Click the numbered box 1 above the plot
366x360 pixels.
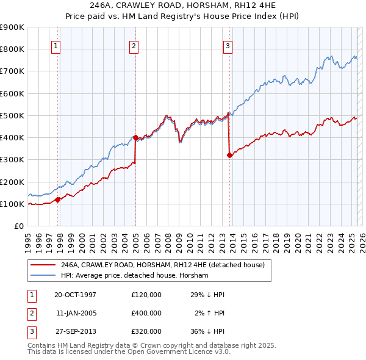(x=56, y=45)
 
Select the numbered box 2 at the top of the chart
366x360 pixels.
(x=134, y=45)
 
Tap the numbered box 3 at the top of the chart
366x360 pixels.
(x=228, y=45)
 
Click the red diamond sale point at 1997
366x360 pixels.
(x=58, y=199)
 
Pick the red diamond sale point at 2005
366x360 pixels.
(x=135, y=137)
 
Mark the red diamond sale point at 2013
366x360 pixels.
(x=229, y=155)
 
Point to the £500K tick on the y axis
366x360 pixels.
(x=13, y=115)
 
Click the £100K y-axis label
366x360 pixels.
(x=13, y=204)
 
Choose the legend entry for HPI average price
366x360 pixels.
(x=135, y=276)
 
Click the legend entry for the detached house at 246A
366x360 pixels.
(x=162, y=265)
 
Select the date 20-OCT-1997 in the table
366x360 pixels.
(x=75, y=295)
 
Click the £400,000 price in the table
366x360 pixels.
(x=146, y=313)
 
